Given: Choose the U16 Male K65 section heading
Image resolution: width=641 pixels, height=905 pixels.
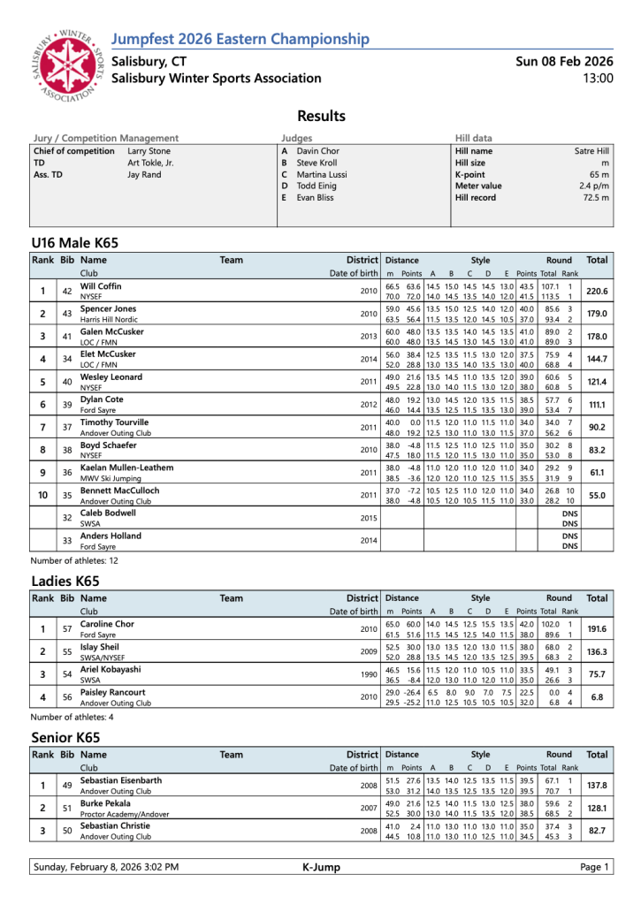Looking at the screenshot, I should [x=74, y=242].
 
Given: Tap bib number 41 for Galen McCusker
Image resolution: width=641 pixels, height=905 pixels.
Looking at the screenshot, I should [x=66, y=337].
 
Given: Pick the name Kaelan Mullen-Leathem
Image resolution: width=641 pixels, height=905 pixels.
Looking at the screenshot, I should [x=127, y=467].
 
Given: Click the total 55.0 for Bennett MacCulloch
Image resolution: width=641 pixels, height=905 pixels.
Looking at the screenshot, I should [x=597, y=496].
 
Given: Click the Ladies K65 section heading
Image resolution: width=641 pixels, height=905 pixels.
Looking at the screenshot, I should [x=65, y=581].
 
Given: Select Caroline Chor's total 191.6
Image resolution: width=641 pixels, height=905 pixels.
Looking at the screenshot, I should [x=597, y=629].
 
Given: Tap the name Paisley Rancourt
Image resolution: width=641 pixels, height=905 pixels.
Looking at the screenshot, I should [x=114, y=693].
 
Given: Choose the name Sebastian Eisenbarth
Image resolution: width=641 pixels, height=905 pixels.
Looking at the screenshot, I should [x=121, y=780].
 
